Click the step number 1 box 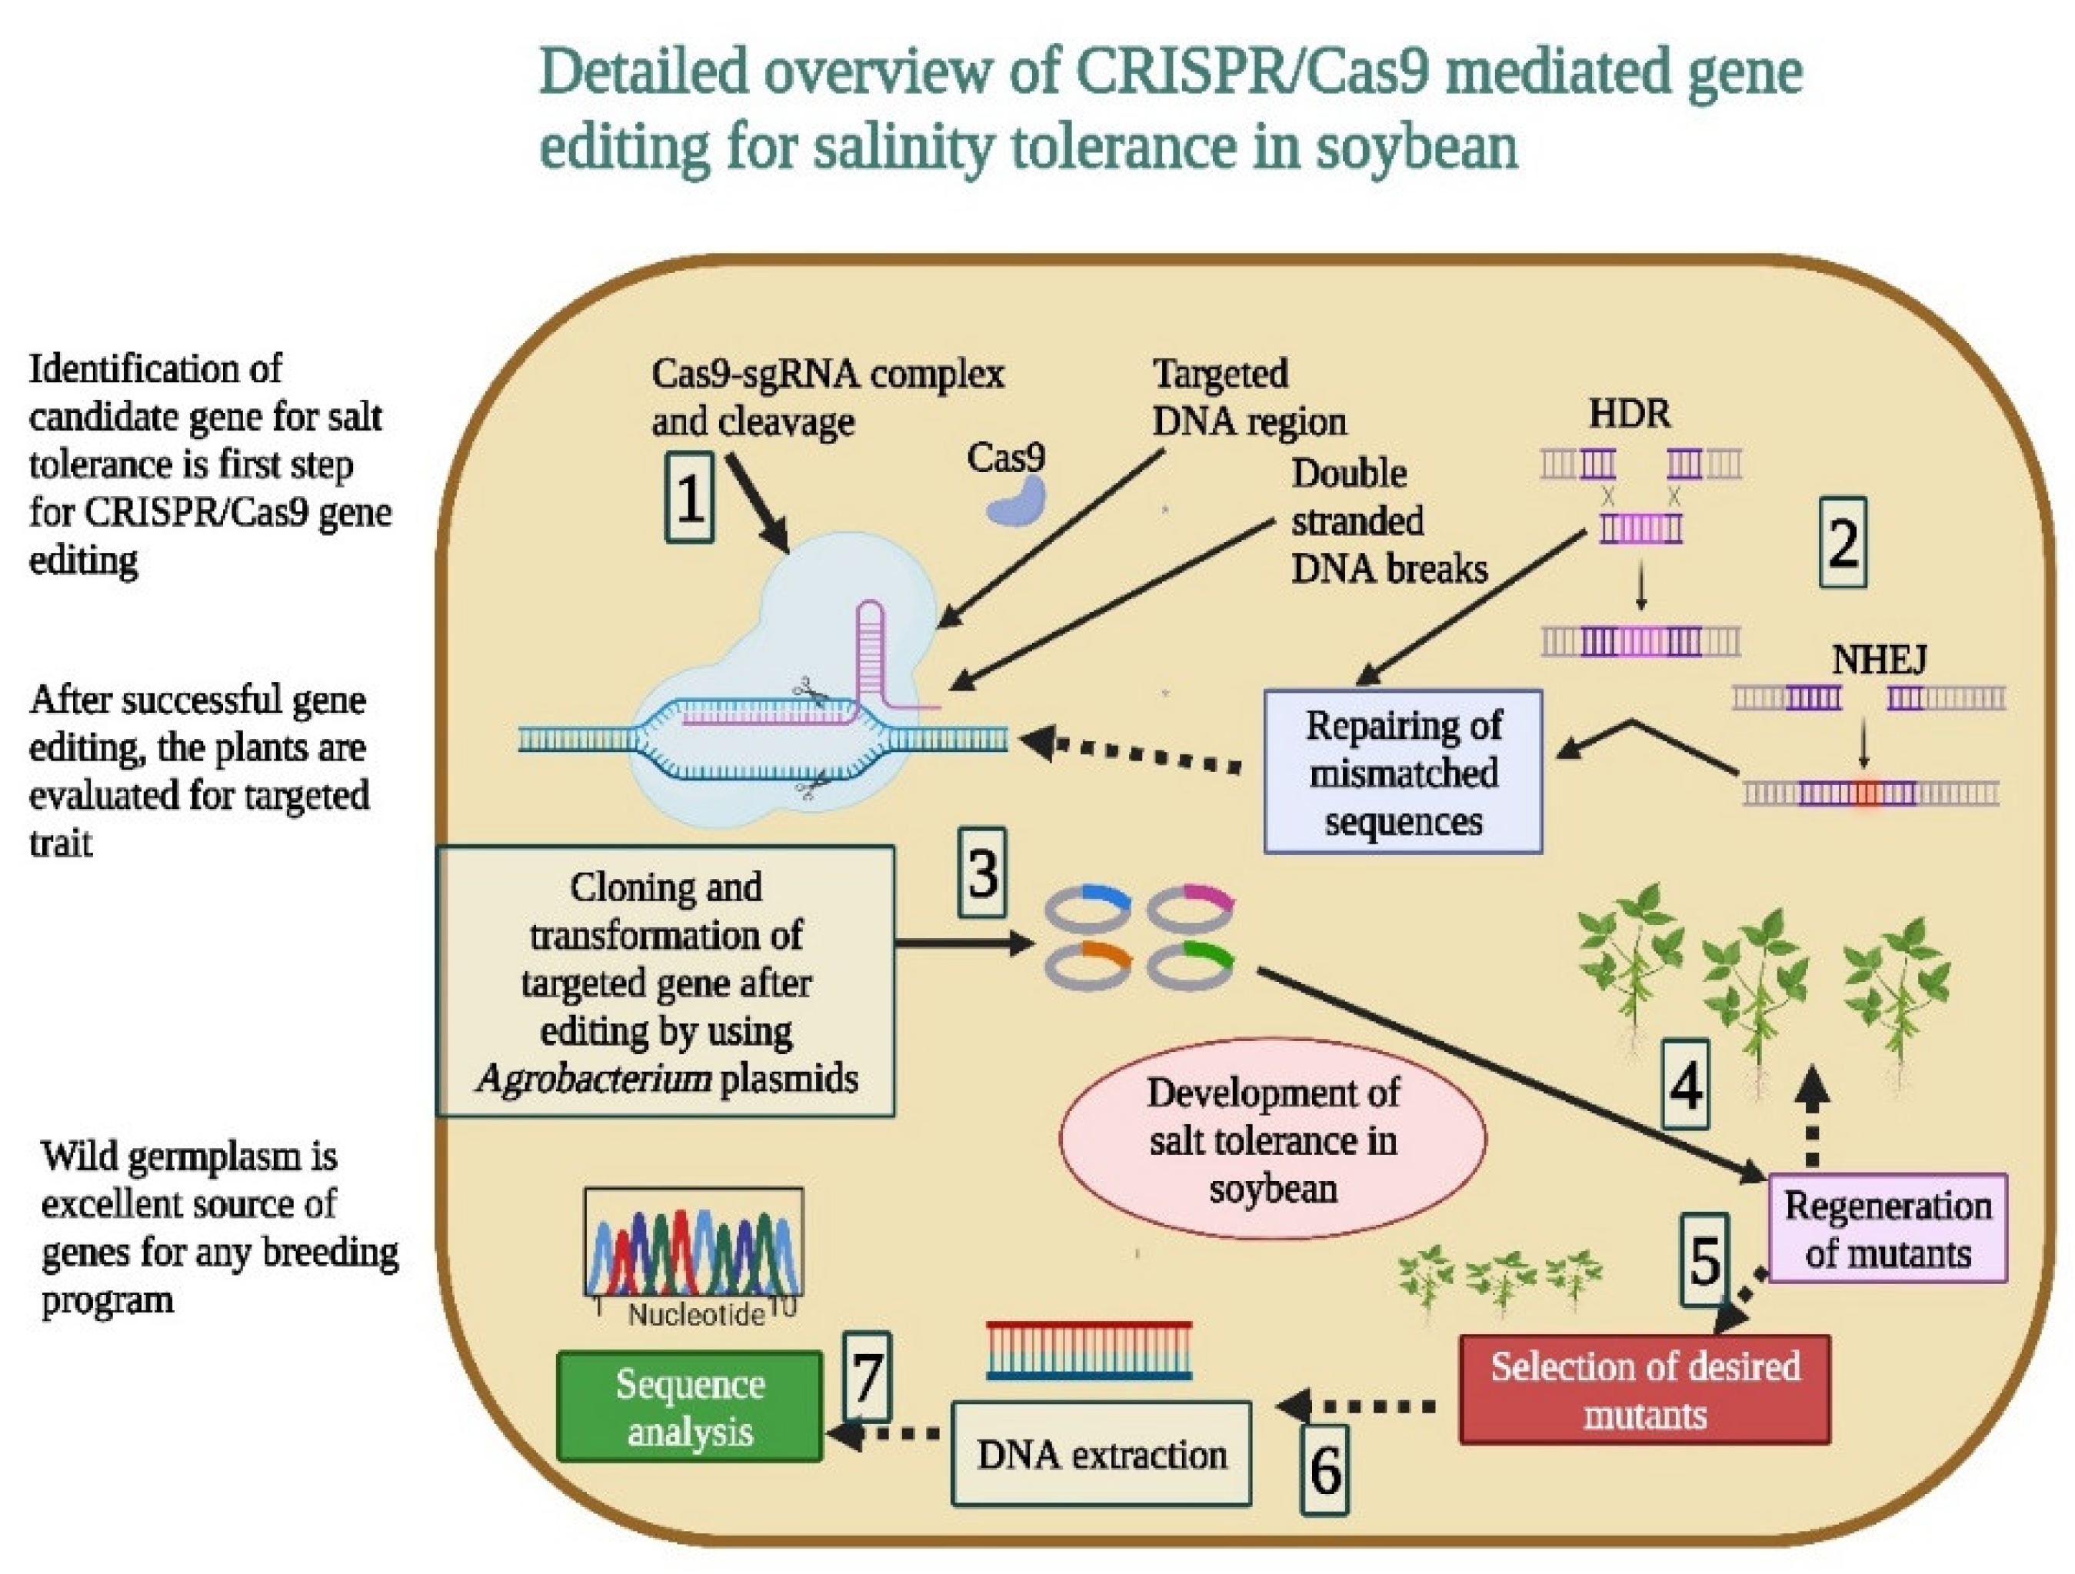tap(689, 497)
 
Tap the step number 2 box tap(1843, 543)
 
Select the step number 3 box tap(981, 873)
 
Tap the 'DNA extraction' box tap(1101, 1454)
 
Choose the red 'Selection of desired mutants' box tap(1644, 1390)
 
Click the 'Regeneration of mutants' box tap(1887, 1228)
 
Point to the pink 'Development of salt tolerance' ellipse tap(1272, 1139)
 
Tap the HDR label tap(1628, 414)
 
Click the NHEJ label tap(1879, 660)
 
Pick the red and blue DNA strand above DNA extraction tap(1088, 1351)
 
